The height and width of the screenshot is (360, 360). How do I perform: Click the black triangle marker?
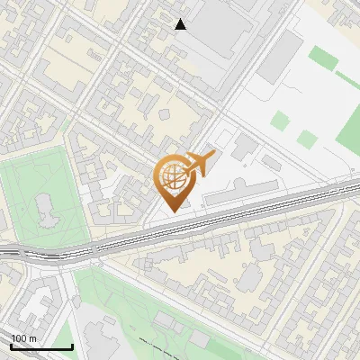tap(181, 24)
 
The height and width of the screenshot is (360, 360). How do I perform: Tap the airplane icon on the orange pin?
tap(199, 163)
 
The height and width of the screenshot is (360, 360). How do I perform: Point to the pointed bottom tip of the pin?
tap(171, 211)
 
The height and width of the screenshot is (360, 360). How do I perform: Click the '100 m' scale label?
tap(24, 337)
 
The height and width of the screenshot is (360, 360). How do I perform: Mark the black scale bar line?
tap(41, 346)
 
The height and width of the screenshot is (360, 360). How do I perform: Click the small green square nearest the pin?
tap(281, 121)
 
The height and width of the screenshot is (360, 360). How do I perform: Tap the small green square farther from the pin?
tap(309, 139)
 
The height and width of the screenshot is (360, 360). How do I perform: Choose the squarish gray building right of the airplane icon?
tap(244, 147)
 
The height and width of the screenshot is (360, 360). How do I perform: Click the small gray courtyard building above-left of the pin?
tap(166, 115)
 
